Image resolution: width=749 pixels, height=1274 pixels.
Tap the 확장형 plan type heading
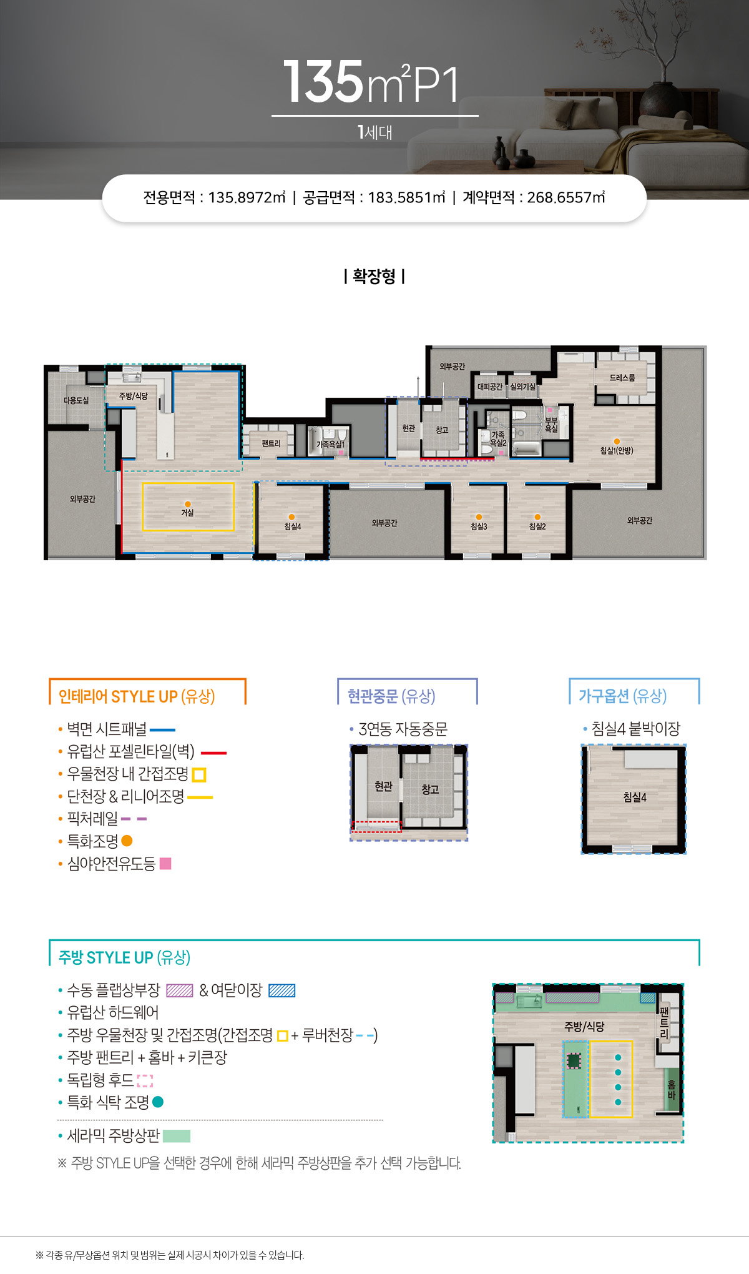click(374, 276)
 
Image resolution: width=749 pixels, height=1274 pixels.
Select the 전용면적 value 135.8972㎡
click(247, 197)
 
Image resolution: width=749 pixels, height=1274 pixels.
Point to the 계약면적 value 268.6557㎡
click(566, 197)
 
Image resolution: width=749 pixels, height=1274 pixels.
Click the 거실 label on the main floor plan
click(187, 513)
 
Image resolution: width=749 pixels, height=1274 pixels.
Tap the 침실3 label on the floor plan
click(479, 526)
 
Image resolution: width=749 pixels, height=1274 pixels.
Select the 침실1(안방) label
click(617, 450)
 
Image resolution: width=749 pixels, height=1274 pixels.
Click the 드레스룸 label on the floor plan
click(622, 378)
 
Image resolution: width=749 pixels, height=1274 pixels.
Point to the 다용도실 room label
click(76, 400)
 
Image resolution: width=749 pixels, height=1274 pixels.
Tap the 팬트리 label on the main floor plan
click(271, 443)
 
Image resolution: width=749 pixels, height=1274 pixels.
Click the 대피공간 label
click(490, 387)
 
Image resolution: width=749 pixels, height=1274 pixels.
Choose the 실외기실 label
click(522, 387)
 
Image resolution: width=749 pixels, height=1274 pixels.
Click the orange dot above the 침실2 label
click(537, 517)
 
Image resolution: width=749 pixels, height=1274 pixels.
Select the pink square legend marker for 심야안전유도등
click(165, 864)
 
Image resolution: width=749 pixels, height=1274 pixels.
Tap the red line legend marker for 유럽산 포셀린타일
click(213, 753)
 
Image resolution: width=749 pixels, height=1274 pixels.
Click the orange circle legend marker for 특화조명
click(127, 841)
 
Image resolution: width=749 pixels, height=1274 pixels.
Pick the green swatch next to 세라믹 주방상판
click(177, 1136)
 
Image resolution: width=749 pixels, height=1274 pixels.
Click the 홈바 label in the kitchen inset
click(672, 1090)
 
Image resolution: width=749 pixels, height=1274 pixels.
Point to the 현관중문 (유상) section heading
click(391, 696)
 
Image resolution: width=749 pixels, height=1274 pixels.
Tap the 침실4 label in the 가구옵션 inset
click(635, 797)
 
